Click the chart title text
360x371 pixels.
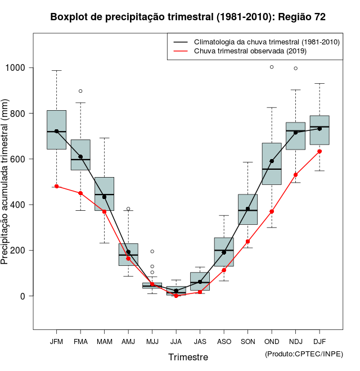(x=188, y=17)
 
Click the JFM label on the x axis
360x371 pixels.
(x=56, y=342)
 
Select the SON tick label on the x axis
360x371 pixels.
(x=247, y=342)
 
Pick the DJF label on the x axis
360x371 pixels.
(x=319, y=342)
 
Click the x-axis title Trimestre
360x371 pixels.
(x=188, y=357)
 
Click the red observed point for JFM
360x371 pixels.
(x=56, y=186)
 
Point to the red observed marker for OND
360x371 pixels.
(x=272, y=211)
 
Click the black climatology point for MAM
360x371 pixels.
(x=104, y=197)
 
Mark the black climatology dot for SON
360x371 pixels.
(x=247, y=209)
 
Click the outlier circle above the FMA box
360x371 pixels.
(x=80, y=91)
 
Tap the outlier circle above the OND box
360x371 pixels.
(x=272, y=67)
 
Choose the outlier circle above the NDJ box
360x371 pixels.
(x=295, y=69)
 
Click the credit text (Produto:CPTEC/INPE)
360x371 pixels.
(x=304, y=354)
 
